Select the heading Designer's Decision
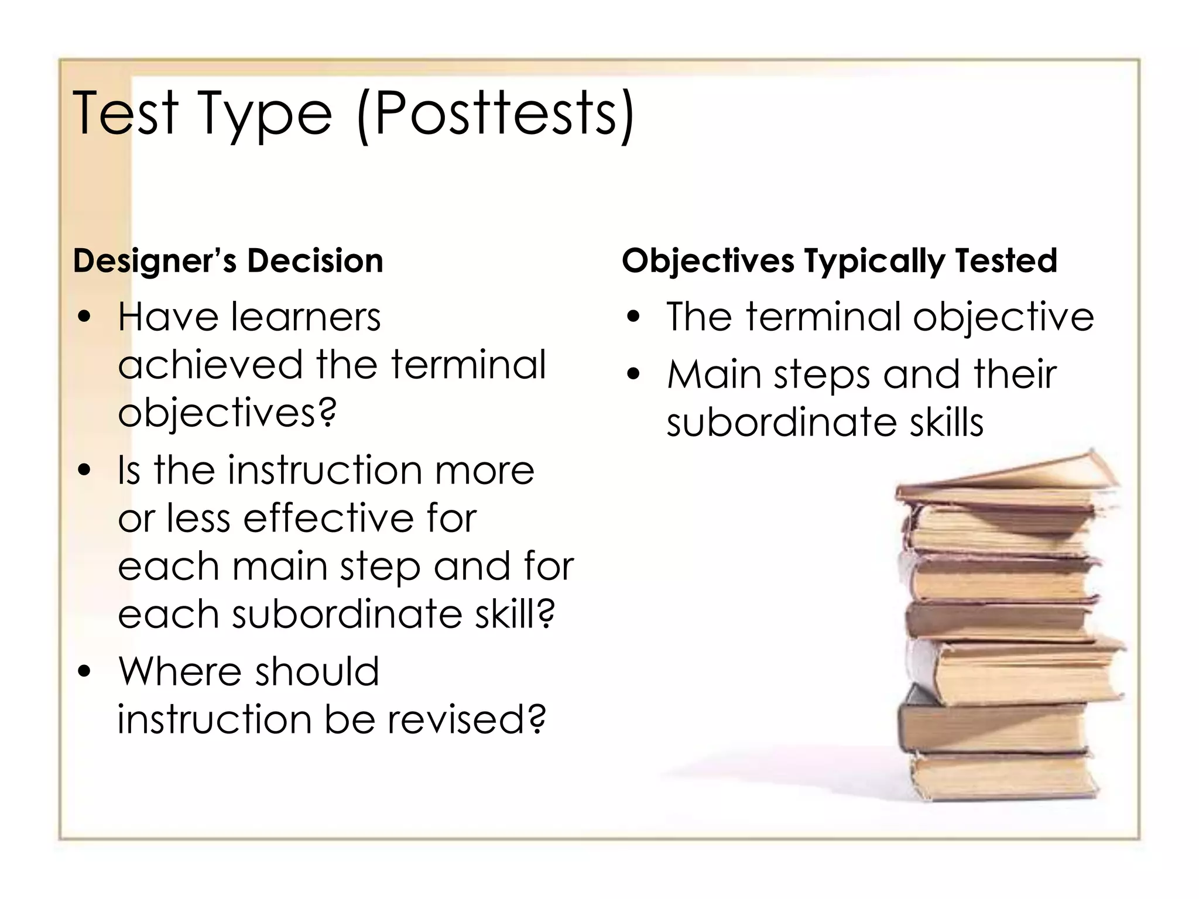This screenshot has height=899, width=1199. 228,260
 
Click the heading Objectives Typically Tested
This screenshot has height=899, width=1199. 840,260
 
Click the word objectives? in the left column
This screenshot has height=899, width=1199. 227,413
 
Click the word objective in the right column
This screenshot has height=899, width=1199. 1003,317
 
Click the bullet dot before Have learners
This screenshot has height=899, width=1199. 85,317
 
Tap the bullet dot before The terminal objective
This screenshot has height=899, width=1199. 633,317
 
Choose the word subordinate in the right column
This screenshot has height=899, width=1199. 782,422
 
